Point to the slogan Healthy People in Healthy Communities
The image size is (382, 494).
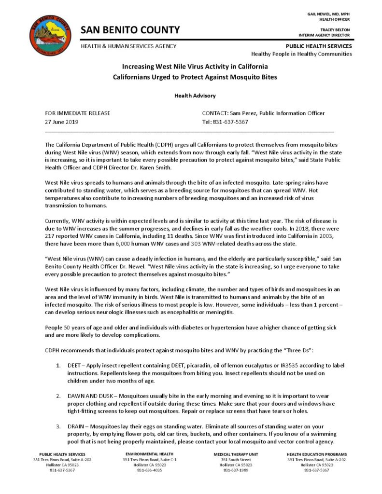pos(301,54)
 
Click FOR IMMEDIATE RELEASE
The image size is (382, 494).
pos(78,113)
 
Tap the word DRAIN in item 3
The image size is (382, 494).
pos(77,426)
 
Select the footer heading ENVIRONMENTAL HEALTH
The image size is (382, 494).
pos(149,454)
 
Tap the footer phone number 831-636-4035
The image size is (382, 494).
pos(149,470)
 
